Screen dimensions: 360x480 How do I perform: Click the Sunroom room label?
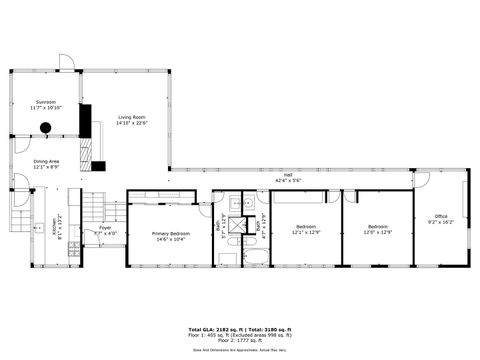[x=46, y=101]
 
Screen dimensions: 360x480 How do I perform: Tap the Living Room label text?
[x=132, y=118]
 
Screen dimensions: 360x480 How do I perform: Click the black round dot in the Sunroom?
[x=45, y=127]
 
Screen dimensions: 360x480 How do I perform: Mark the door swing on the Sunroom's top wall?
[x=67, y=62]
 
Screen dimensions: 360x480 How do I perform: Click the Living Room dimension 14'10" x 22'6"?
[x=132, y=124]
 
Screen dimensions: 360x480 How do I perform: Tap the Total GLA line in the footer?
[x=240, y=329]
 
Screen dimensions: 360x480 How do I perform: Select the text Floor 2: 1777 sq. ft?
[x=240, y=341]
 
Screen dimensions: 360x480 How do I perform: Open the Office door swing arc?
[x=422, y=180]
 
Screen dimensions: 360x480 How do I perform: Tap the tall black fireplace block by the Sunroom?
[x=85, y=120]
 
